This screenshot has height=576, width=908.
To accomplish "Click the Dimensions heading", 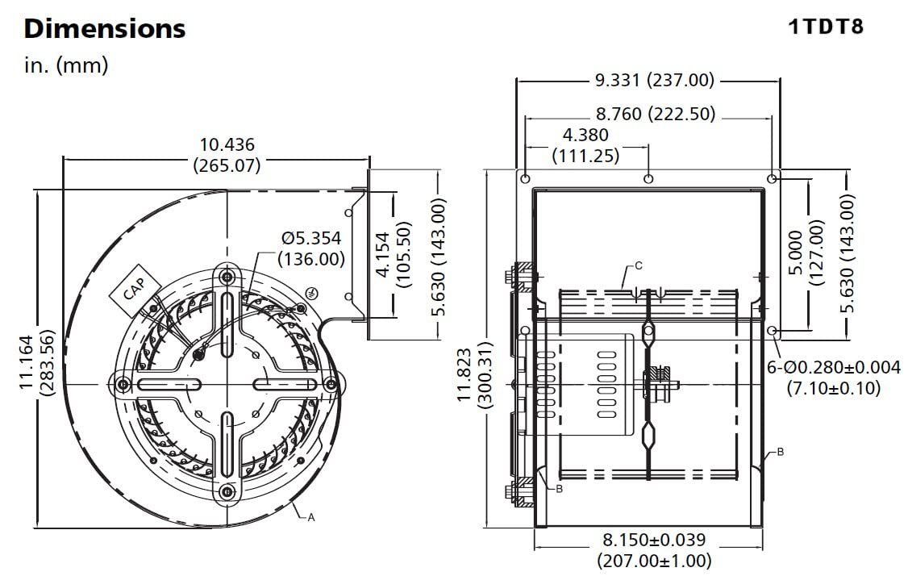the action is point(105,28).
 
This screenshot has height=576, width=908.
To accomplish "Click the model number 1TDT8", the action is point(825,26).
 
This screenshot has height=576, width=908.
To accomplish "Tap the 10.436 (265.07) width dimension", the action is point(227,155).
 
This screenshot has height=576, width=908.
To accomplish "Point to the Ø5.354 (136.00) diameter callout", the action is point(311,248).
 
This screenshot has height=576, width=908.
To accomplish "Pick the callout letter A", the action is point(311,517).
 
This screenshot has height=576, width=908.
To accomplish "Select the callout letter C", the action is point(638,266).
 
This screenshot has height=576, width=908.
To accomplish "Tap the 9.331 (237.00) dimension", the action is point(655,80).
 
